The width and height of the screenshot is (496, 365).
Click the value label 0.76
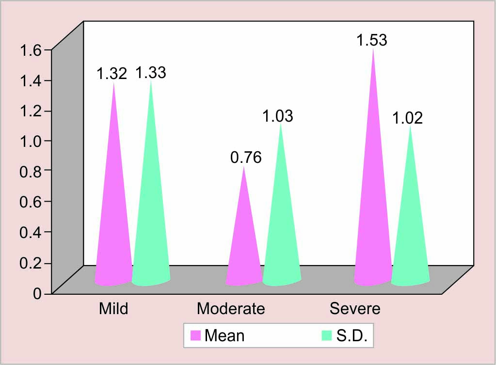[x=246, y=158]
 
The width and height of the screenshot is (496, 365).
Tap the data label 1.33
[x=150, y=73]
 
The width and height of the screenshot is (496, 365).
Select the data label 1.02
[x=407, y=118]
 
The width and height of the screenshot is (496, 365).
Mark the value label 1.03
[x=278, y=116]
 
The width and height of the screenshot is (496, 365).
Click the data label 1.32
[x=112, y=74]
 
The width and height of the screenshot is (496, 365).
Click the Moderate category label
[x=231, y=308]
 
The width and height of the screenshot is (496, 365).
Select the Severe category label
[x=355, y=308]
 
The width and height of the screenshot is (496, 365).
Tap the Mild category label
[x=113, y=308]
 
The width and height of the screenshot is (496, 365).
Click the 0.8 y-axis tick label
[x=31, y=171]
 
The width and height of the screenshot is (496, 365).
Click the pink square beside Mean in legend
[x=195, y=335]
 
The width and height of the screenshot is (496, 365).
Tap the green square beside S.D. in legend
[x=327, y=335]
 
